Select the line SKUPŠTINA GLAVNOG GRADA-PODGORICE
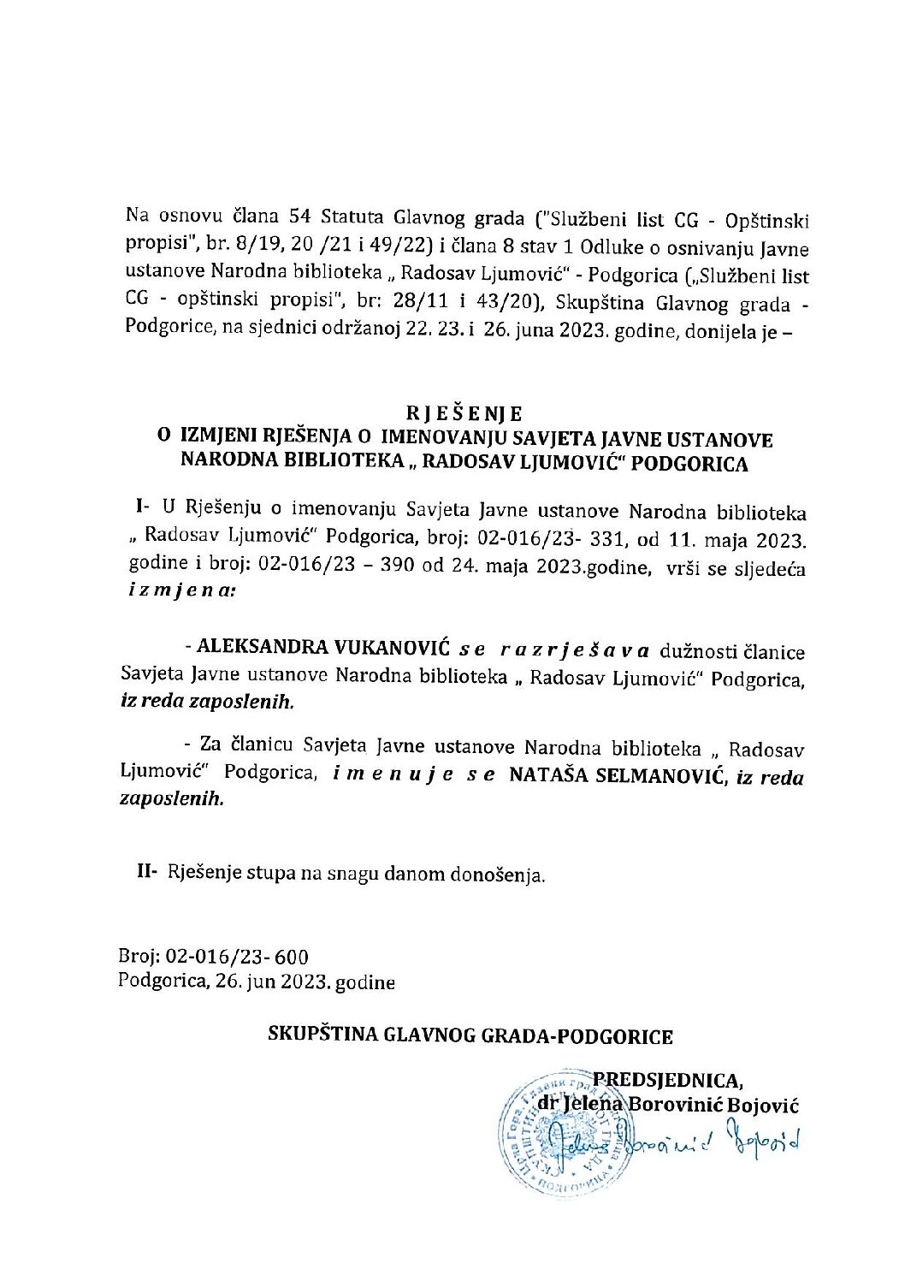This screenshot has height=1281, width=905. click(470, 1036)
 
